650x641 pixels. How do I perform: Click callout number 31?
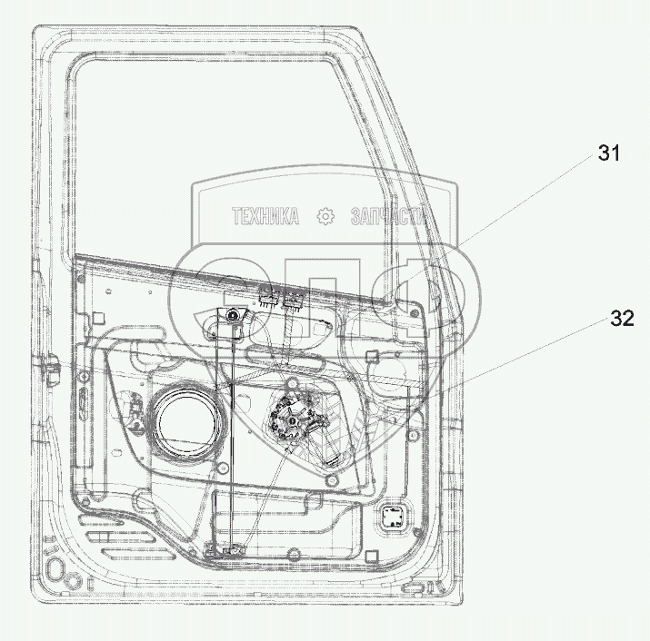pos(608,153)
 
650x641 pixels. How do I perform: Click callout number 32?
pos(622,319)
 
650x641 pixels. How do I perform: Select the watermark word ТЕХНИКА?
pos(265,216)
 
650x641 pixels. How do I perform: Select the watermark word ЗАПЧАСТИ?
pos(388,216)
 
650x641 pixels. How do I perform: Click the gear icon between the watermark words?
pos(325,216)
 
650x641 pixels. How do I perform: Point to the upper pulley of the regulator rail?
pos(231,317)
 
